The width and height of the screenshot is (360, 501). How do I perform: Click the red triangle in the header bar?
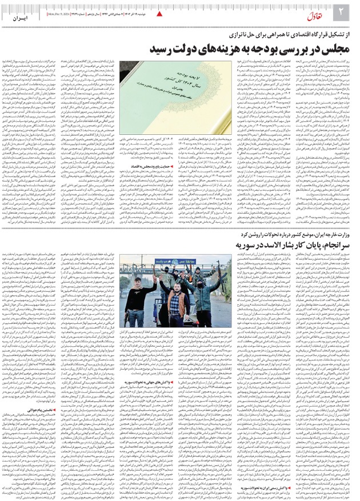159,12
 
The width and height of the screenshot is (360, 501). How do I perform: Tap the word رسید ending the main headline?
163,49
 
